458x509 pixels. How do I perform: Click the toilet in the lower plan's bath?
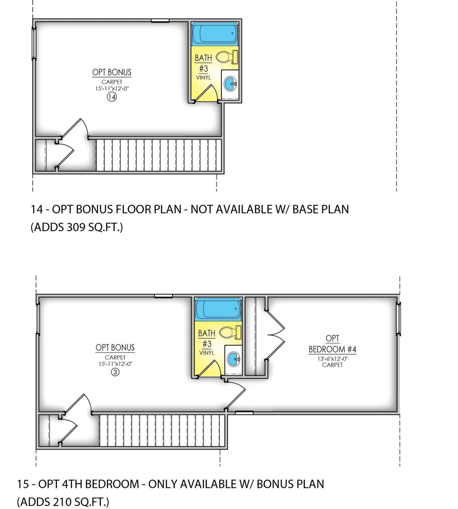coord(230,332)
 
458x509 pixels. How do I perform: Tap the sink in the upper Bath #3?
coord(230,84)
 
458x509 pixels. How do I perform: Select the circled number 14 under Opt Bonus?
coord(112,97)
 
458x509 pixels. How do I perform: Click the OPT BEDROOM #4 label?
coord(332,344)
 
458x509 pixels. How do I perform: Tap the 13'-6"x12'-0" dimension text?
coord(332,359)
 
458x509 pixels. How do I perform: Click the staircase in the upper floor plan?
coord(159,155)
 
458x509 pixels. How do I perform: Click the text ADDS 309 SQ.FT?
coord(77,227)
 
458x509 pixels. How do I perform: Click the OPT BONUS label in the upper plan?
coord(112,72)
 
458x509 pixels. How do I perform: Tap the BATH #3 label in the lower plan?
coord(207,338)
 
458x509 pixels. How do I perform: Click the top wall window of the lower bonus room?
coord(164,296)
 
